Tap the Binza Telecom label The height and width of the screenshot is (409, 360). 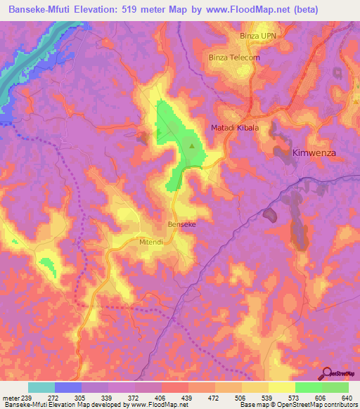pos(235,58)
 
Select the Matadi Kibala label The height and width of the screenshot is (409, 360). pos(236,128)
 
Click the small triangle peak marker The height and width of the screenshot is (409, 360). pos(193,146)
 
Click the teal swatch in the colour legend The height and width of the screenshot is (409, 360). pos(41,387)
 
